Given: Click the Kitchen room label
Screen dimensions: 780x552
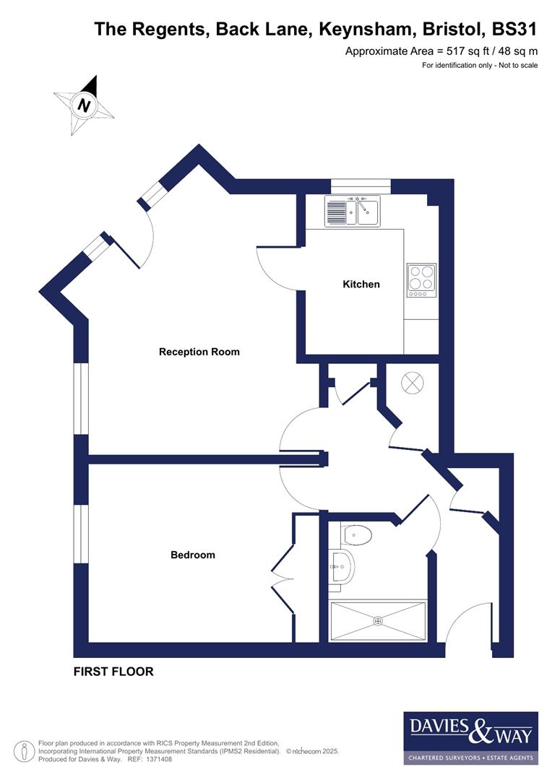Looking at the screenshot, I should pos(361,285).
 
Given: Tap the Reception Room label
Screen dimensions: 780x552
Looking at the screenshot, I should pos(199,352).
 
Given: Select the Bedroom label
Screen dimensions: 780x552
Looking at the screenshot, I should pos(192,555).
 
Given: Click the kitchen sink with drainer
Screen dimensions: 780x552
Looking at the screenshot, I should pos(352,212).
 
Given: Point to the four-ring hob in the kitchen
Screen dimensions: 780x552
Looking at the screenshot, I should pos(422,279).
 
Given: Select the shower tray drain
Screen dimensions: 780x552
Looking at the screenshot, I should pos(377,620).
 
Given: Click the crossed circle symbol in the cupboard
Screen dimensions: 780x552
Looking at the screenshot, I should pos(412,383).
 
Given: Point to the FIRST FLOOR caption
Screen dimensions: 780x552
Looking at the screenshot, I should pos(113,672).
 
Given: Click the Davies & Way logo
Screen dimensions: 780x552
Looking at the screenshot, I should pos(470,737).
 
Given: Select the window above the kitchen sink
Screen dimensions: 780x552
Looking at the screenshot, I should pos(361,186).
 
